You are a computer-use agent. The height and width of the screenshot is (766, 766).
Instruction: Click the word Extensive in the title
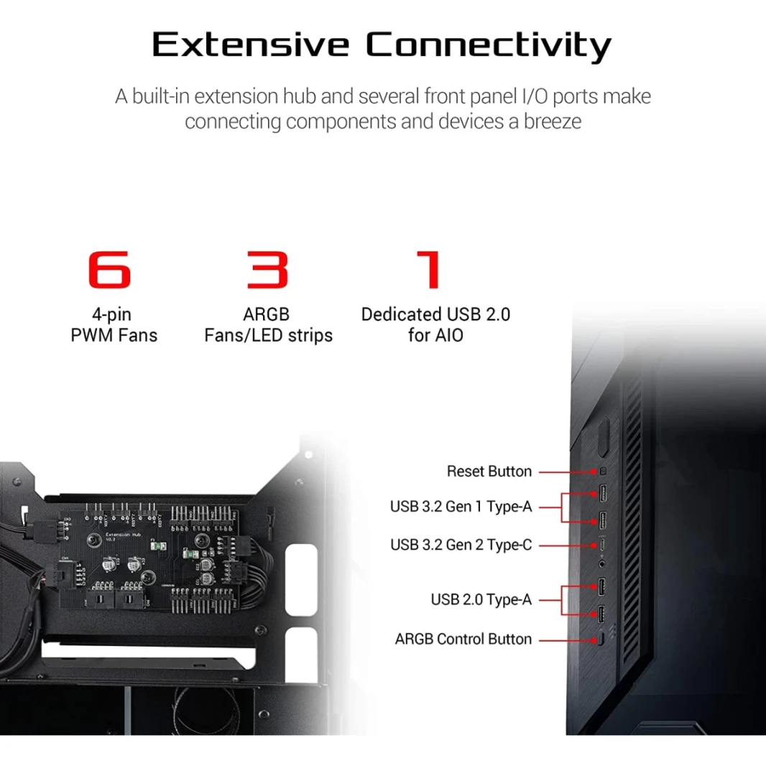pyautogui.click(x=251, y=45)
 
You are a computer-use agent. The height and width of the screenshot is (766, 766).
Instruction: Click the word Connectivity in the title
pyautogui.click(x=489, y=47)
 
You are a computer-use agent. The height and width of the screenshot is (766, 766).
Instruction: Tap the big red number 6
pyautogui.click(x=109, y=269)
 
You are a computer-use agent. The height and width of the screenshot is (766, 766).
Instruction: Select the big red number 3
pyautogui.click(x=267, y=269)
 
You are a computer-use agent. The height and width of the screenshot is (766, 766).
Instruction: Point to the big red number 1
pyautogui.click(x=430, y=269)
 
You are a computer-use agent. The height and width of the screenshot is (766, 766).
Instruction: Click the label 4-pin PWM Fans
pyautogui.click(x=114, y=325)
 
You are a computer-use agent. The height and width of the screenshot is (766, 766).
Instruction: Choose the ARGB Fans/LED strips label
pyautogui.click(x=268, y=325)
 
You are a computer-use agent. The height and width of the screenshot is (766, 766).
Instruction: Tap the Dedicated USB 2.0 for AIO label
pyautogui.click(x=435, y=325)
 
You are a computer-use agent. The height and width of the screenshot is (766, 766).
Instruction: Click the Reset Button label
pyautogui.click(x=489, y=471)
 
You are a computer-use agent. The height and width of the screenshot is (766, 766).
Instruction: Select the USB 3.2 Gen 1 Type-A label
pyautogui.click(x=461, y=507)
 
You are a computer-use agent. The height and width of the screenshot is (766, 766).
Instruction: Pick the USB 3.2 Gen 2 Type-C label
pyautogui.click(x=461, y=545)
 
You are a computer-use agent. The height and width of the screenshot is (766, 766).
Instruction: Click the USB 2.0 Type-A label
pyautogui.click(x=481, y=599)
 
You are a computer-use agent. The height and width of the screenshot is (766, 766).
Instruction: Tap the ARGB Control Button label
pyautogui.click(x=463, y=639)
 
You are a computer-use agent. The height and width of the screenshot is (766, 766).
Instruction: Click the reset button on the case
pyautogui.click(x=602, y=471)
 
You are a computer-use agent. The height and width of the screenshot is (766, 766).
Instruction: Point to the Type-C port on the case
pyautogui.click(x=602, y=545)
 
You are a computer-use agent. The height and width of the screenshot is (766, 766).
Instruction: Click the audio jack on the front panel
pyautogui.click(x=602, y=564)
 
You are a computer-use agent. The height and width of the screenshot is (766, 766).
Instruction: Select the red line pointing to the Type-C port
pyautogui.click(x=568, y=545)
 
